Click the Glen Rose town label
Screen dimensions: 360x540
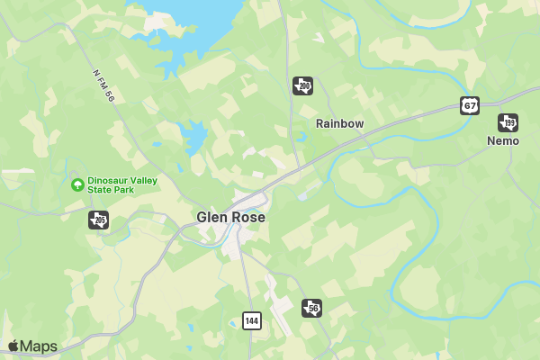pyautogui.click(x=230, y=218)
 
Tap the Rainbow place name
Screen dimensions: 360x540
pyautogui.click(x=339, y=123)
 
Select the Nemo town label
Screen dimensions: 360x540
pyautogui.click(x=503, y=141)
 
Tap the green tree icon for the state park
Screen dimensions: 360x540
pyautogui.click(x=77, y=184)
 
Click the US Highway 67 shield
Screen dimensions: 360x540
pyautogui.click(x=469, y=105)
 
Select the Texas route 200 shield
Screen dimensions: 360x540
pyautogui.click(x=302, y=85)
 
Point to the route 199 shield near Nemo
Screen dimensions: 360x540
pyautogui.click(x=508, y=122)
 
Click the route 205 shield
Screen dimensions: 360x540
pyautogui.click(x=99, y=220)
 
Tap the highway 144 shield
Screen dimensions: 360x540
pyautogui.click(x=252, y=320)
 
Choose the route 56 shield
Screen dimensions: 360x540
pyautogui.click(x=311, y=308)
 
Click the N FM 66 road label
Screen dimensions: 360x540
pyautogui.click(x=104, y=85)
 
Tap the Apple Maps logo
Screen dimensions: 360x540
pyautogui.click(x=32, y=346)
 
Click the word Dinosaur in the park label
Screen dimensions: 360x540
pyautogui.click(x=107, y=180)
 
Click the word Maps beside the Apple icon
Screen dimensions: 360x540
pyautogui.click(x=39, y=346)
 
